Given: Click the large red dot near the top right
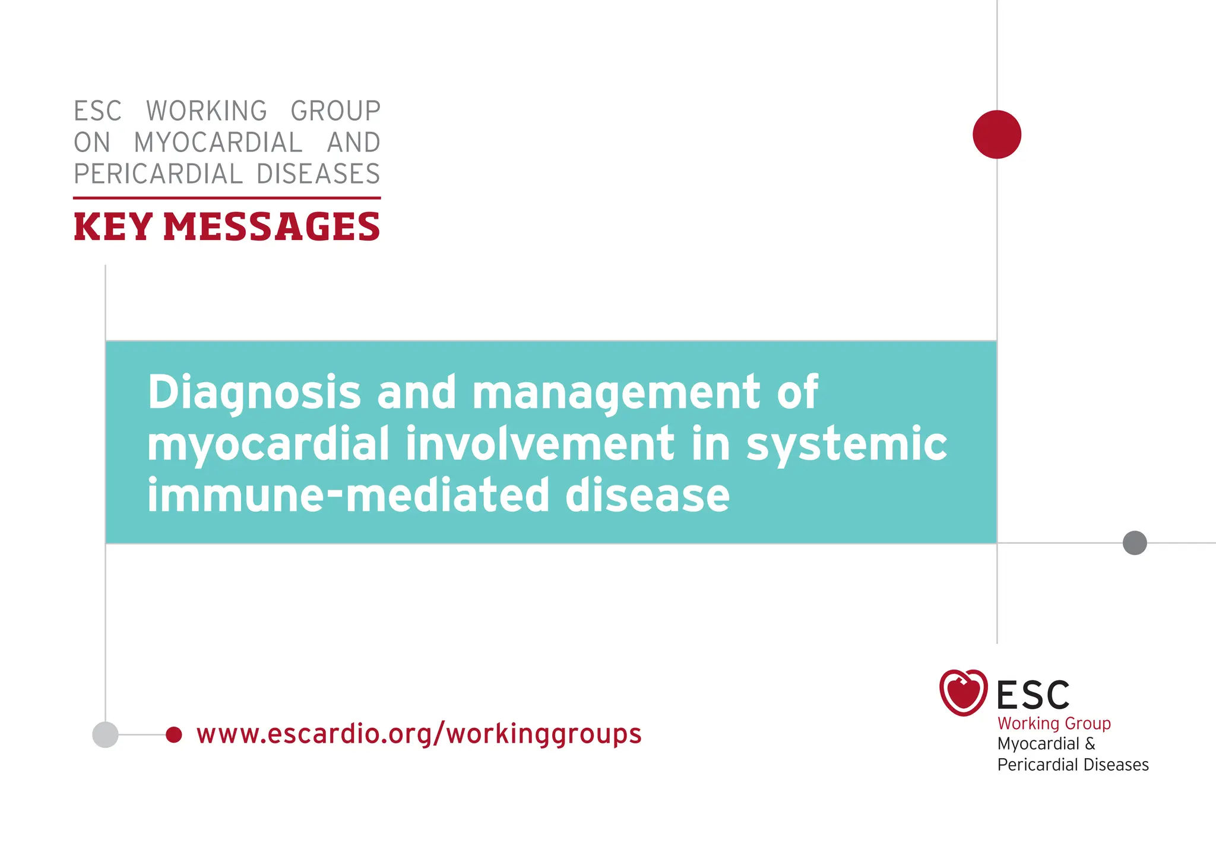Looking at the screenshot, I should tap(996, 134).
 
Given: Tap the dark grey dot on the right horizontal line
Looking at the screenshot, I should tap(1134, 542).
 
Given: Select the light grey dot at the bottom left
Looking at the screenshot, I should tap(105, 734).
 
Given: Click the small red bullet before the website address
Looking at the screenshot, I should tap(173, 734).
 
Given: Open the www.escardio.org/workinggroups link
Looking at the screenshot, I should tap(419, 734).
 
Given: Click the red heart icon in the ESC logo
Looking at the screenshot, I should tap(963, 692).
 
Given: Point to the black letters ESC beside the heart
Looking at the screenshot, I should tap(1033, 695).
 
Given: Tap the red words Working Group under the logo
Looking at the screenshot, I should tap(1054, 723).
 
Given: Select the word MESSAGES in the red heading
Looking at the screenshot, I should tap(271, 227).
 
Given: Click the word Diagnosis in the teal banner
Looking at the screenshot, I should tap(254, 393).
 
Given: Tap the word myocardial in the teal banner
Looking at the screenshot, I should tap(268, 444).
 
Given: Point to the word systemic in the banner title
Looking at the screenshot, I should tap(847, 444).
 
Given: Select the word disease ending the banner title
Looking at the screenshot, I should tap(647, 495).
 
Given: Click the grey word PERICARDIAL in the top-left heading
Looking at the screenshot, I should tap(158, 174).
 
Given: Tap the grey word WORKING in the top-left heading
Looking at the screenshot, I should tap(207, 111).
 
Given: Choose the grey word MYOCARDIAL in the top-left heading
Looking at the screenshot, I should tap(218, 143).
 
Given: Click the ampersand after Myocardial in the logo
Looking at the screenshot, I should tap(1090, 744).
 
